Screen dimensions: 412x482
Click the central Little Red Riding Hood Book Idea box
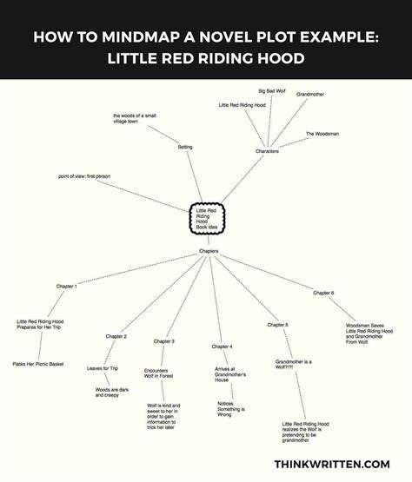[x=207, y=219]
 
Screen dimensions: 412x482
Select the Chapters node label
[x=209, y=251]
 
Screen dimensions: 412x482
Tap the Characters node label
[x=267, y=151]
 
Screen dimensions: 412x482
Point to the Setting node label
[x=185, y=147]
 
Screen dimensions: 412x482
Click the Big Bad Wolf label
[x=272, y=91]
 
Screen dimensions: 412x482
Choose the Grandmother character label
[x=310, y=94]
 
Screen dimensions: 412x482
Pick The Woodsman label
[x=322, y=134]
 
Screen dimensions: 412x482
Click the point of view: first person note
[x=84, y=176]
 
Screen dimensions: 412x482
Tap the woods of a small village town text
[x=135, y=119]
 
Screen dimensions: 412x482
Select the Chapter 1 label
[x=66, y=287]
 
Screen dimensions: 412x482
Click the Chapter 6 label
[x=323, y=293]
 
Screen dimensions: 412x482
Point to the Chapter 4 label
[x=222, y=347]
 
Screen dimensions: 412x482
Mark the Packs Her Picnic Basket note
[x=38, y=364]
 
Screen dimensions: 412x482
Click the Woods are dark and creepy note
[x=112, y=393]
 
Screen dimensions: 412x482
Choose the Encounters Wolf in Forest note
[x=158, y=373]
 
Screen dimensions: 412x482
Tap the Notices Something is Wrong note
[x=231, y=409]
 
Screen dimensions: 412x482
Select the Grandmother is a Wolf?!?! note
[x=293, y=364]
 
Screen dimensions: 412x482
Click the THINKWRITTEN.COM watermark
[x=332, y=464]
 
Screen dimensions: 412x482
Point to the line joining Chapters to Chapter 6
[x=267, y=272]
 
